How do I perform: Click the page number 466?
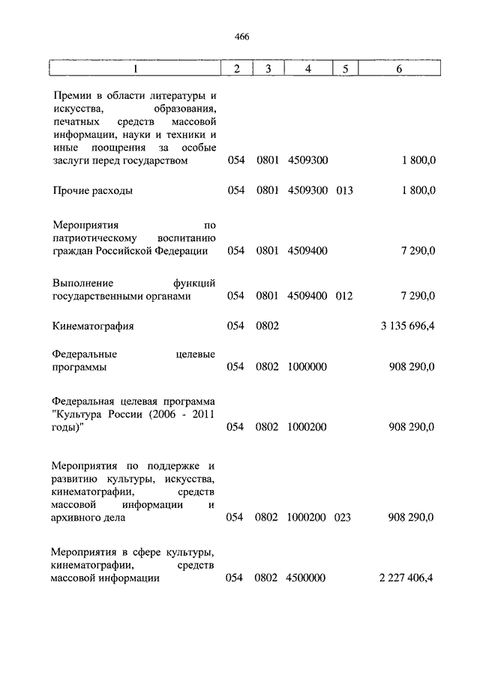click(241, 37)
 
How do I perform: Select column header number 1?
click(136, 69)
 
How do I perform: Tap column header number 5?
click(344, 69)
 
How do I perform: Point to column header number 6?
click(399, 69)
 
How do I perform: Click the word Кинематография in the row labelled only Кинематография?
click(94, 327)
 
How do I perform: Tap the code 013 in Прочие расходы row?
click(344, 190)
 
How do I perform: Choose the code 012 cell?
click(344, 296)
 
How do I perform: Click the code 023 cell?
click(344, 517)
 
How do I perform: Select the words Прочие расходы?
click(93, 190)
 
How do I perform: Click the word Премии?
click(75, 96)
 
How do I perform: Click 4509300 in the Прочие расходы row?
click(307, 190)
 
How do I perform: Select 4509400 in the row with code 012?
click(307, 296)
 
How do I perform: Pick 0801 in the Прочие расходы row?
click(267, 190)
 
